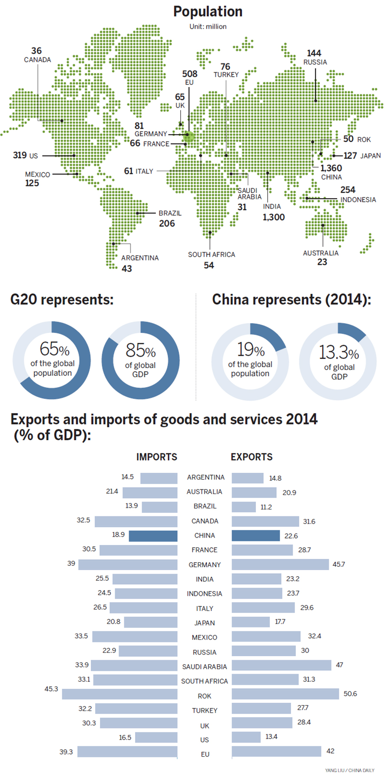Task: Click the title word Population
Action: (x=208, y=12)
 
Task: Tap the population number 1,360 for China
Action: (x=331, y=168)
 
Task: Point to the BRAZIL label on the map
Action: (x=170, y=213)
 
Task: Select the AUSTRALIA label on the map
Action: (x=321, y=253)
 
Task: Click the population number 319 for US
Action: (x=20, y=155)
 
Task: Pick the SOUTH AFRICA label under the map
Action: (x=211, y=254)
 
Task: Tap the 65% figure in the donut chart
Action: (x=54, y=349)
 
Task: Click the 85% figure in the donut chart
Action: (x=140, y=350)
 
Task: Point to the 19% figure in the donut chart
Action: (x=251, y=349)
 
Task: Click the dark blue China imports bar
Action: (x=153, y=536)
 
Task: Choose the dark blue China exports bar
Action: (x=255, y=535)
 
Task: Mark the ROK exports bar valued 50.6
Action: (x=285, y=694)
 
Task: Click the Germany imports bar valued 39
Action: (x=128, y=565)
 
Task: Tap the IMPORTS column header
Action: (x=157, y=457)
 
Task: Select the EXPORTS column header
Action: (x=252, y=457)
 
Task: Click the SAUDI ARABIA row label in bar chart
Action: (x=204, y=667)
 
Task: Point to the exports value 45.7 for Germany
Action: (x=338, y=564)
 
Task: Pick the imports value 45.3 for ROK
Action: (x=51, y=689)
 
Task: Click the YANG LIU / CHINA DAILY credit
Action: (x=349, y=770)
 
